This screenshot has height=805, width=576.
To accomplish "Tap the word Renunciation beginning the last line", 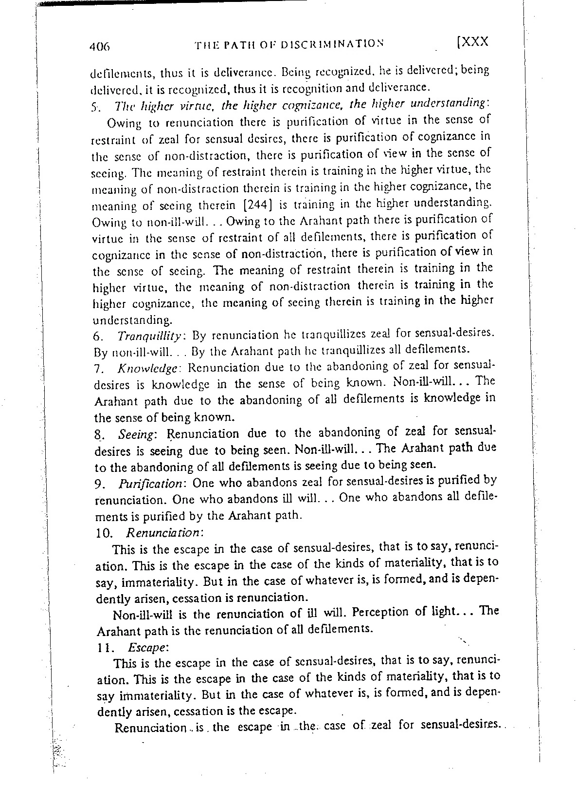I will click(149, 729).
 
